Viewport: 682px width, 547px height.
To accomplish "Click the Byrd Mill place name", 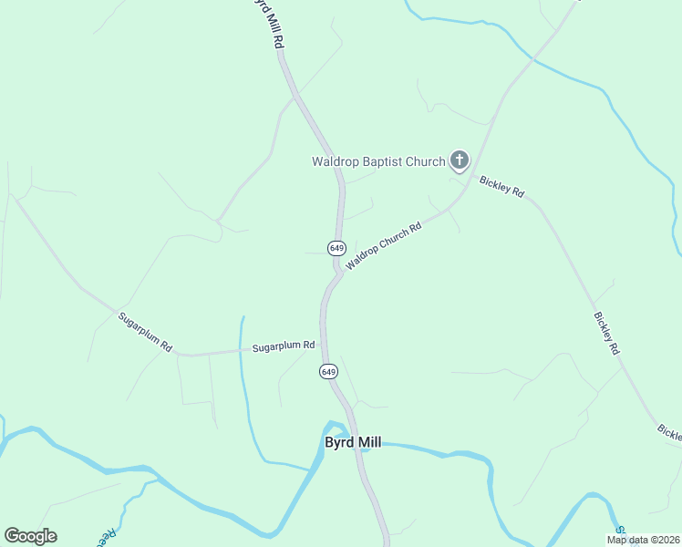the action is coord(353,443).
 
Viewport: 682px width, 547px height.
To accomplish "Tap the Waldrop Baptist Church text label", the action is coord(378,162).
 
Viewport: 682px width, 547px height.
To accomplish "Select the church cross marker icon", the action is coord(459,162).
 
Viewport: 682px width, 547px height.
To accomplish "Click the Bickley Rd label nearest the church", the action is coord(502,186).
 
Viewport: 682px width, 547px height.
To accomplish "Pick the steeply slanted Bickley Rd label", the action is coord(607,333).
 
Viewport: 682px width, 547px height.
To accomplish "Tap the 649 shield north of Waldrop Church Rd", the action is coord(337,248).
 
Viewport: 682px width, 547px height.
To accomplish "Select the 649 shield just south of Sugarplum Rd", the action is coord(329,371).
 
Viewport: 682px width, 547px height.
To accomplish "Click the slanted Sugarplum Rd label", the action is coord(145,332).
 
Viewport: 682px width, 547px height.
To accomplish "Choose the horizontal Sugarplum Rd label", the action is coord(283,346).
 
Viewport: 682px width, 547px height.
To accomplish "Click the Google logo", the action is coord(30,536).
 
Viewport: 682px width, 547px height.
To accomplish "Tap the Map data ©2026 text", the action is coord(642,540).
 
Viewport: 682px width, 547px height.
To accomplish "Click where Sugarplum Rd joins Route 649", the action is coord(322,344).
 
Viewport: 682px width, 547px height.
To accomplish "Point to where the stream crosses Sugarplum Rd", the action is coord(241,349).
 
